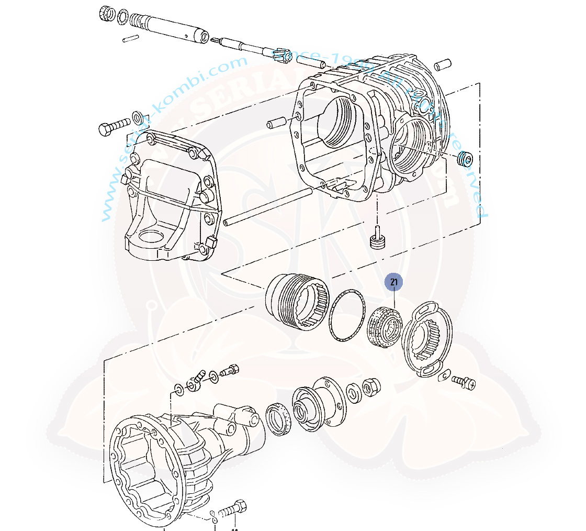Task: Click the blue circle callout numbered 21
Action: (x=393, y=282)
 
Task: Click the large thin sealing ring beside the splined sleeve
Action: (x=346, y=317)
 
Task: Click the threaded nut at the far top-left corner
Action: (x=107, y=14)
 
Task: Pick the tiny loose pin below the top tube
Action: (x=130, y=38)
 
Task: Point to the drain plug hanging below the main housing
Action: (x=378, y=241)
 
